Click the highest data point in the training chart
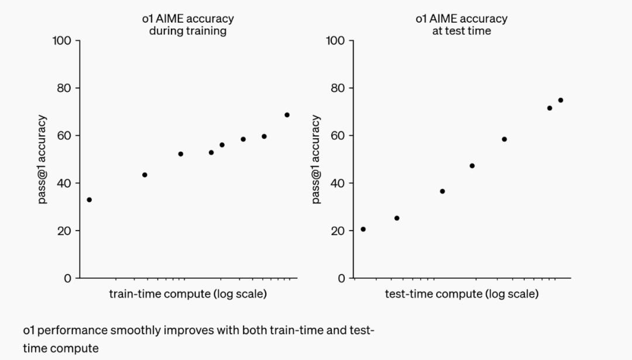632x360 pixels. click(287, 115)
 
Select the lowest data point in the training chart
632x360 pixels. click(89, 200)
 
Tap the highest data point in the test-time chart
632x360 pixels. click(560, 100)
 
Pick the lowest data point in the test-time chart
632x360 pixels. click(363, 229)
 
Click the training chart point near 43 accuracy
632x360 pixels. click(145, 174)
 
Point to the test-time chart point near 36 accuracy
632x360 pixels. click(442, 191)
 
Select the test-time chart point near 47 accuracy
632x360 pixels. click(472, 166)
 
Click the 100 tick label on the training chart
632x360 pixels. click(62, 40)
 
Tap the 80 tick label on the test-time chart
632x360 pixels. click(338, 88)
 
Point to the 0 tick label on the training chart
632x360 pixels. click(68, 278)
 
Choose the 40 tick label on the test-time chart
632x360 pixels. click(338, 183)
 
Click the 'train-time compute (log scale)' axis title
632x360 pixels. click(188, 294)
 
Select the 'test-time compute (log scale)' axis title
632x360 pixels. click(462, 294)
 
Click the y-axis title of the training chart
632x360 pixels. click(42, 159)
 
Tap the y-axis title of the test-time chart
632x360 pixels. click(316, 159)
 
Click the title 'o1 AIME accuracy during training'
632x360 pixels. click(188, 25)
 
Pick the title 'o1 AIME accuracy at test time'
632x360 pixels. click(462, 25)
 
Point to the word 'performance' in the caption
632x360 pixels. click(74, 330)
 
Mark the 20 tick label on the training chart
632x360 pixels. click(65, 231)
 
